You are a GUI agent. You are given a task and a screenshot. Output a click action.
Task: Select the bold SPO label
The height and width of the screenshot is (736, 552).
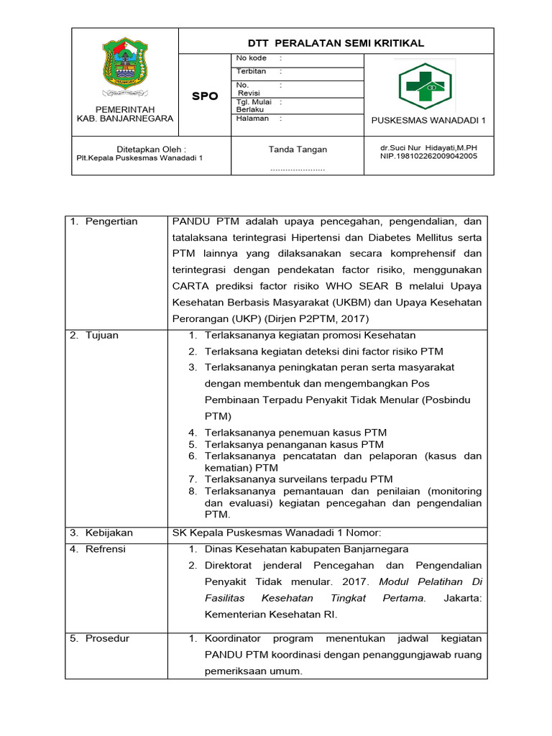click(205, 96)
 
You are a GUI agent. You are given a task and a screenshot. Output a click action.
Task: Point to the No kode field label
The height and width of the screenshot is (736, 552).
click(251, 58)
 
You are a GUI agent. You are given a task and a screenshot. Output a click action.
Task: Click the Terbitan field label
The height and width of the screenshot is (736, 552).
click(251, 72)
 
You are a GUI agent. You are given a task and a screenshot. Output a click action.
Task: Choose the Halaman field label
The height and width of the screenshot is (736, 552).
click(252, 119)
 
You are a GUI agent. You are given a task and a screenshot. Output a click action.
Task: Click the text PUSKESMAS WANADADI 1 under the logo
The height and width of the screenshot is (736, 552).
click(428, 120)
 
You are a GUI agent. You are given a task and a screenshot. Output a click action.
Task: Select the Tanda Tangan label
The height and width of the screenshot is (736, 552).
click(298, 149)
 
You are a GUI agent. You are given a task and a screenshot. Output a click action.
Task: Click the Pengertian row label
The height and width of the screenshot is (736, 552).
click(111, 221)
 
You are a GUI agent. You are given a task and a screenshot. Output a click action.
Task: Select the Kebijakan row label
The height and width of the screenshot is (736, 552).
click(109, 533)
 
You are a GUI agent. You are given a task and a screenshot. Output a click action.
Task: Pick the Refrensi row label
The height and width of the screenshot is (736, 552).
click(105, 549)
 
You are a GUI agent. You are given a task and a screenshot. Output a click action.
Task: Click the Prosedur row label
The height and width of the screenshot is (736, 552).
click(107, 638)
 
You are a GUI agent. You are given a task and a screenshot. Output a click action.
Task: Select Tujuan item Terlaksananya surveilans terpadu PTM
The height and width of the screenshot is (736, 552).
click(298, 479)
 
